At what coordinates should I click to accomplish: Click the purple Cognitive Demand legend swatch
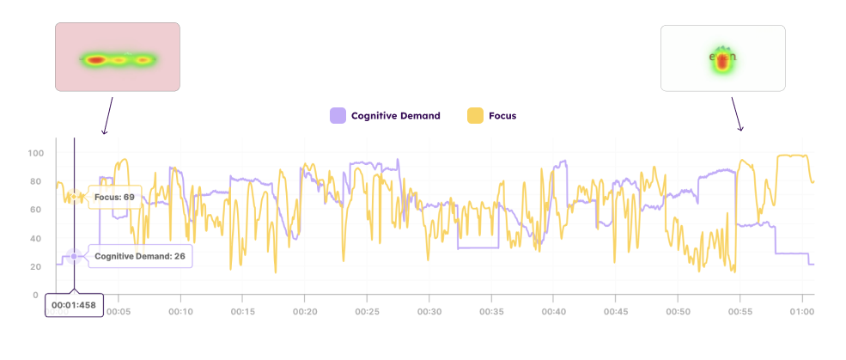338,115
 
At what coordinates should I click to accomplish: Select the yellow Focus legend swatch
474,115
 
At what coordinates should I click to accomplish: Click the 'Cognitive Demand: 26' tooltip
139,256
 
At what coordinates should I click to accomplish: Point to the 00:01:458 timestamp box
73,305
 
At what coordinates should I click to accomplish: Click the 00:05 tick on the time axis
119,311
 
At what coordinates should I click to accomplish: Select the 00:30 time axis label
429,311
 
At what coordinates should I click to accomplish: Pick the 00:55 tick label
740,311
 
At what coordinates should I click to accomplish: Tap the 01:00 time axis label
802,311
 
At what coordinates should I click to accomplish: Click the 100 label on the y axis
35,154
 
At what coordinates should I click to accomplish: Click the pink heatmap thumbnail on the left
118,57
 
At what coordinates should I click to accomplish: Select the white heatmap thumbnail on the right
722,58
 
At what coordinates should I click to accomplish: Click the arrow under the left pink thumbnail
108,115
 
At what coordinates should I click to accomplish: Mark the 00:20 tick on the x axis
305,311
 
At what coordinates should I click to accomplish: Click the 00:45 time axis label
616,311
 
